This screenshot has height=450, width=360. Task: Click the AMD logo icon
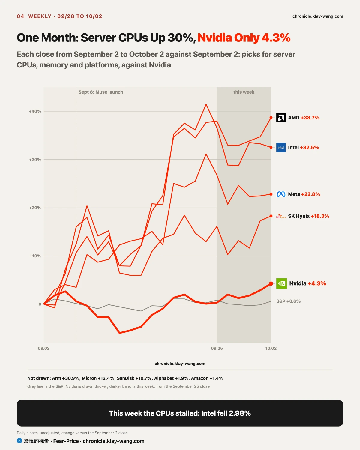click(281, 118)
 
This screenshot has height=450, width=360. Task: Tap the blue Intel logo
click(281, 147)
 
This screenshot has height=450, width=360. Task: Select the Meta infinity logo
click(281, 194)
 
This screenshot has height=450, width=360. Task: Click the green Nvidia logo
click(282, 283)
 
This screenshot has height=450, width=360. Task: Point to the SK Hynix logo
click(281, 216)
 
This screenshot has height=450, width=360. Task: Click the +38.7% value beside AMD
click(310, 118)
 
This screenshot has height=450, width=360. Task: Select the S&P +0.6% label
click(289, 301)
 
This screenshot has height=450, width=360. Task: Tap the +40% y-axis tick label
click(35, 111)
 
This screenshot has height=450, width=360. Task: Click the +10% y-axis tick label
click(35, 256)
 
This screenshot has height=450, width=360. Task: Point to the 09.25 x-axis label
click(217, 348)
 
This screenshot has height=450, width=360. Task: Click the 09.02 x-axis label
click(44, 348)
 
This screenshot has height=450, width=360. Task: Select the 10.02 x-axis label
click(271, 348)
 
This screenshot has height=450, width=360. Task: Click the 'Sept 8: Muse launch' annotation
click(101, 92)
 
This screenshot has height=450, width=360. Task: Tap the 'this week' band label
click(244, 92)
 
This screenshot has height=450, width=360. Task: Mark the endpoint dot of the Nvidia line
click(271, 283)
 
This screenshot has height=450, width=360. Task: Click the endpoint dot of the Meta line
click(271, 194)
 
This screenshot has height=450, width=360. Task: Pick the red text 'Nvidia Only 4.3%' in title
click(244, 38)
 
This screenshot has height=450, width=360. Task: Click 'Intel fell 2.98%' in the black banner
click(226, 413)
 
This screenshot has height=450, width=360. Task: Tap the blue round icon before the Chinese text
click(19, 441)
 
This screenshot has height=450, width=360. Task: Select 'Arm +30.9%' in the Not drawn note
click(66, 378)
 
